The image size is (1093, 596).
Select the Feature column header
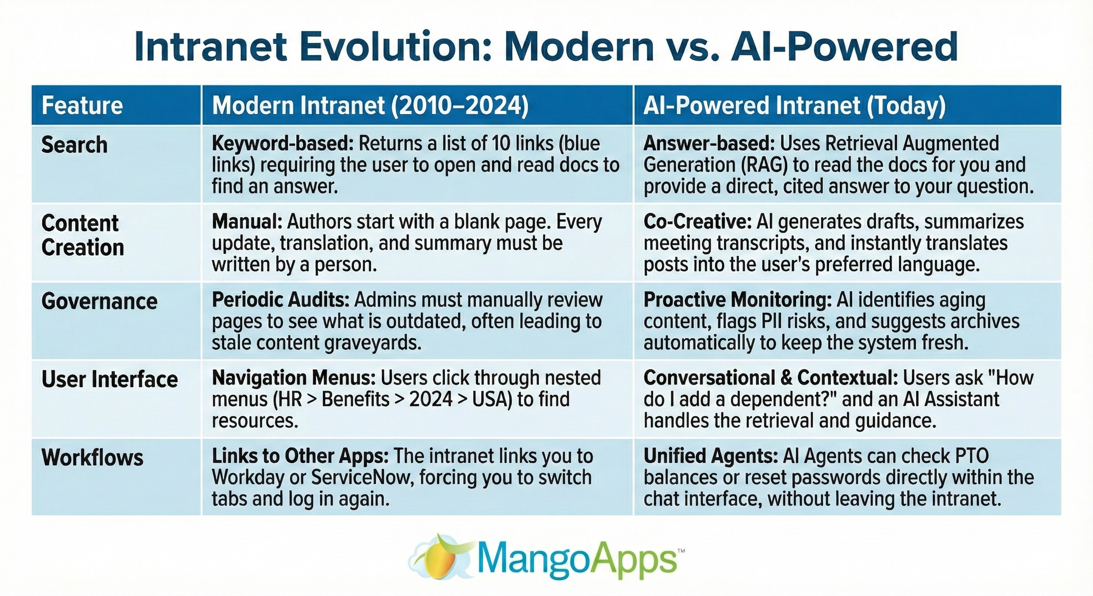point(82,105)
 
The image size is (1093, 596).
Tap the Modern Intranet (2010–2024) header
point(370,105)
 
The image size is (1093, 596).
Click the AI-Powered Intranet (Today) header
point(794,105)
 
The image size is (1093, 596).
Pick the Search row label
point(74,145)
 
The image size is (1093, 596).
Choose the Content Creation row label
point(82,235)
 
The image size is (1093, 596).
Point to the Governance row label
point(99,301)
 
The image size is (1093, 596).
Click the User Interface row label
point(109,379)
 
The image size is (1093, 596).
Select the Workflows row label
point(92,457)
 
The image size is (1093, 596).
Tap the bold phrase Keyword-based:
point(283,144)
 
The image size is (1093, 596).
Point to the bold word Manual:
point(247,222)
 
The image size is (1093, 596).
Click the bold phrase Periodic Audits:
point(281,300)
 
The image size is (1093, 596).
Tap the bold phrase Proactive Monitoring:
point(737,300)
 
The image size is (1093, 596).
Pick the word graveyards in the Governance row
point(373,343)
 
